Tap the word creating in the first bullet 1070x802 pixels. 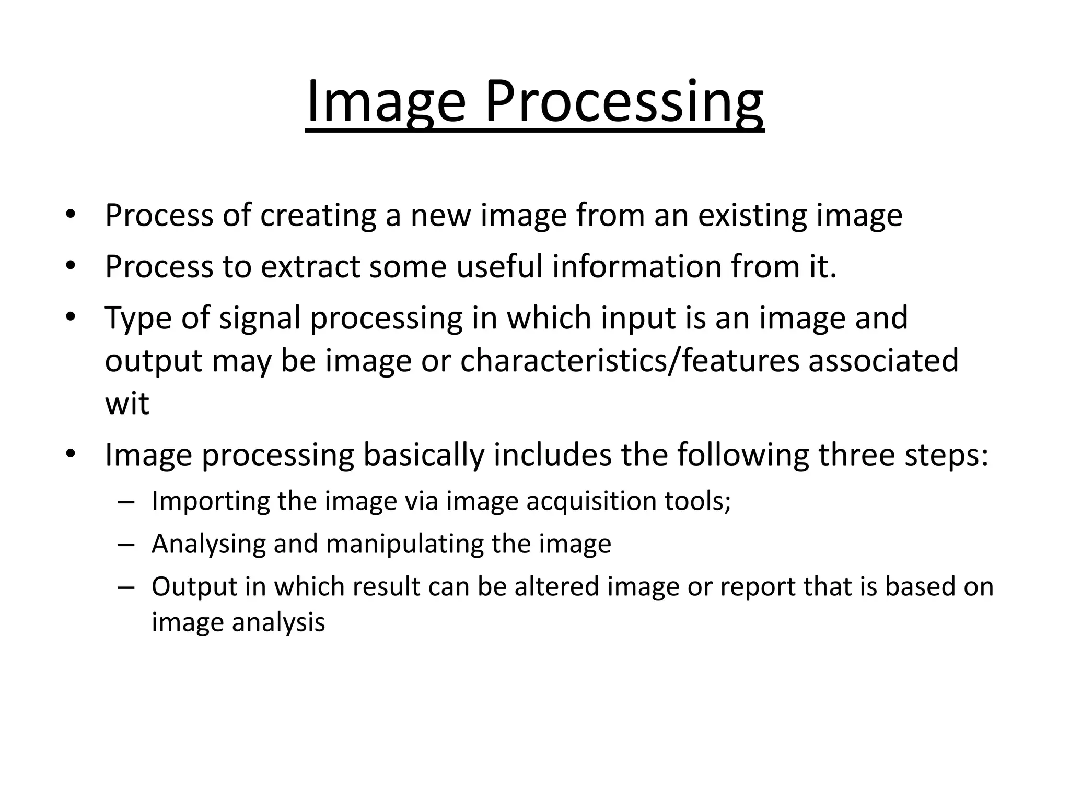(318, 215)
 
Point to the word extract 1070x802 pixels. (311, 266)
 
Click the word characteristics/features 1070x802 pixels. (630, 361)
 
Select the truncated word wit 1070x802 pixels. (127, 404)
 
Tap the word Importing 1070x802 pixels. (211, 501)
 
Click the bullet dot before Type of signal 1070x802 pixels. (71, 317)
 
